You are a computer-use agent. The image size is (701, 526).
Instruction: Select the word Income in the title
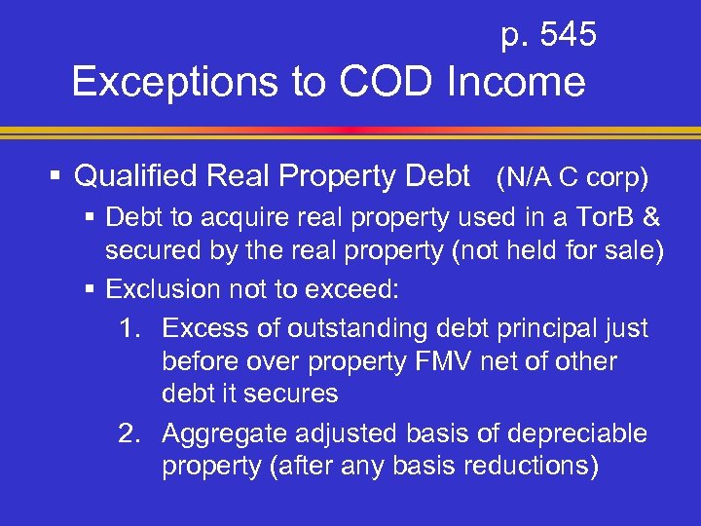pos(515,83)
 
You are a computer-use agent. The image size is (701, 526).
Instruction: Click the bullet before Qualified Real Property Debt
pos(57,177)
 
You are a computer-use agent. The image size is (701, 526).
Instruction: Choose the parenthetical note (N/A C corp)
pos(572,178)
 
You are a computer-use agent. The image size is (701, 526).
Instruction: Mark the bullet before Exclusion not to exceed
pos(91,289)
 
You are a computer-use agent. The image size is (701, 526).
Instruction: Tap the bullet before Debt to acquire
pos(91,217)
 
